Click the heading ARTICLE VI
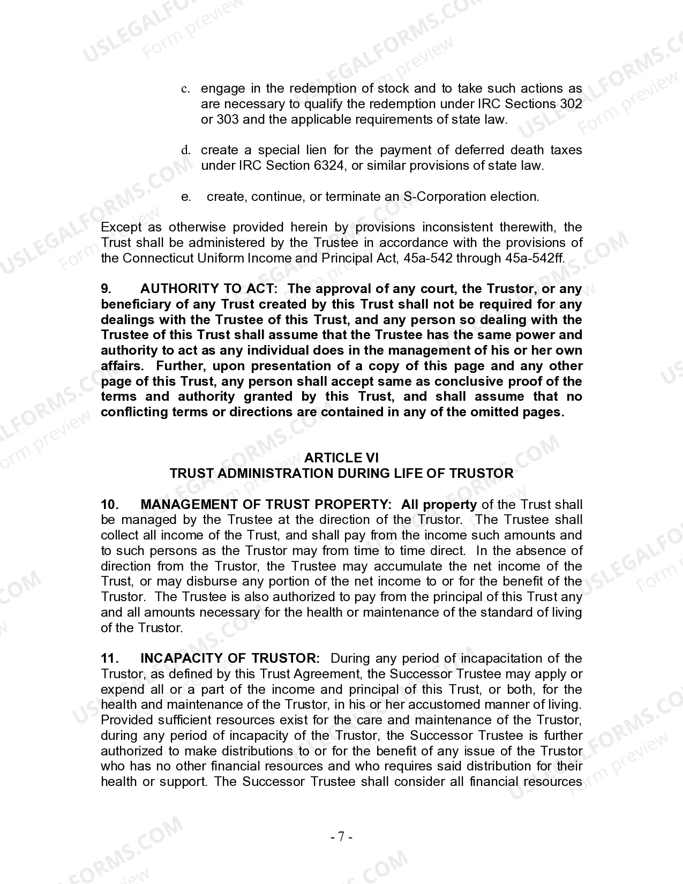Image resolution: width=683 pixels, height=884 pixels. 341,458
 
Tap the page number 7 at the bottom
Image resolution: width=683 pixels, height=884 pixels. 341,836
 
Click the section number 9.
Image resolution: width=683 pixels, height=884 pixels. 106,289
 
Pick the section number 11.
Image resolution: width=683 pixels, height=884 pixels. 109,658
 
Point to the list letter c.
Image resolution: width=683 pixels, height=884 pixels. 185,89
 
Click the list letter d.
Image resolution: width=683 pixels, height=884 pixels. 185,151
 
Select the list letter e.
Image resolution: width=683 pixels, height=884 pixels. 186,197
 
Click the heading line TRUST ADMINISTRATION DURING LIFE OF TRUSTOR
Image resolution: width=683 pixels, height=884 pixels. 341,473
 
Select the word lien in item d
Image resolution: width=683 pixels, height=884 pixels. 316,150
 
